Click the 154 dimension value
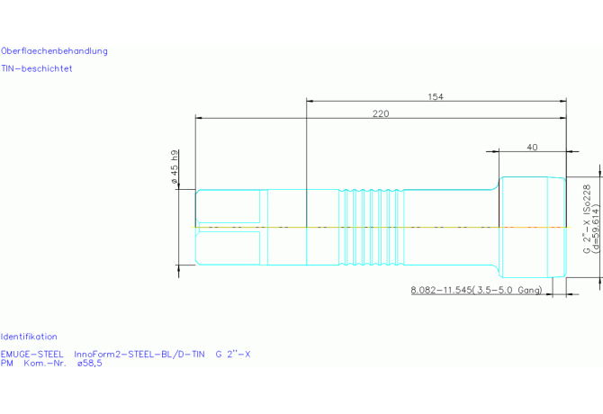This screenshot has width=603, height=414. click(436, 97)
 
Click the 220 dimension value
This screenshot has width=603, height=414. click(381, 113)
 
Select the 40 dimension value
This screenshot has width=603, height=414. click(532, 148)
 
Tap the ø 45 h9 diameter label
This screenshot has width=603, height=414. click(175, 166)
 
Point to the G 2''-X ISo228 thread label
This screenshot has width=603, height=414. click(587, 219)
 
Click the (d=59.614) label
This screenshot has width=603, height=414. click(596, 229)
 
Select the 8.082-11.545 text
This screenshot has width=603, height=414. click(441, 290)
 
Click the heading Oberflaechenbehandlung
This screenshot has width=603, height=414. click(54, 51)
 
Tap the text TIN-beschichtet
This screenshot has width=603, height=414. click(37, 68)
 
